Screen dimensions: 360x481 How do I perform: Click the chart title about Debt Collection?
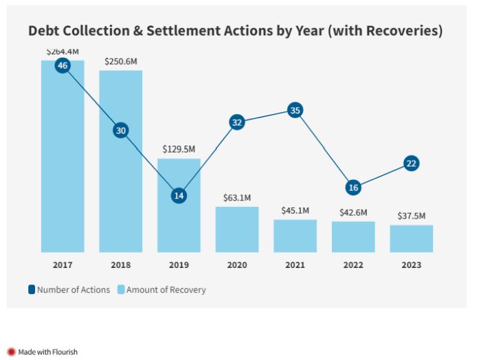tap(235, 32)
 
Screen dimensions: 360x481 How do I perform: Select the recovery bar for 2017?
tap(63, 165)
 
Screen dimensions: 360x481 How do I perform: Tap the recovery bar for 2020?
tap(237, 229)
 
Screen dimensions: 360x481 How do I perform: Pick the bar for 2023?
tap(411, 239)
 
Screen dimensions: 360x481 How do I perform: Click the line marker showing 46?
tap(63, 66)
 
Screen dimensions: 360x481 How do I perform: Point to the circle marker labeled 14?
tap(179, 196)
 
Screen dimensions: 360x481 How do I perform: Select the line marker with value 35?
tap(295, 110)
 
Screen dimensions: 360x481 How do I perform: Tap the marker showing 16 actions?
tap(353, 188)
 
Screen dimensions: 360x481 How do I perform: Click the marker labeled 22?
tap(411, 164)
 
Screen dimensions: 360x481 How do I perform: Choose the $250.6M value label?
tap(121, 61)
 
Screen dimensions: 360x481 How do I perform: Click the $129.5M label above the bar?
tap(179, 149)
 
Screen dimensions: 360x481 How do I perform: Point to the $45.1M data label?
tap(295, 210)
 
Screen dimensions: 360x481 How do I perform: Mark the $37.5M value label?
tap(411, 216)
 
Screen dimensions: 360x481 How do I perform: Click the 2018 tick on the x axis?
tap(121, 265)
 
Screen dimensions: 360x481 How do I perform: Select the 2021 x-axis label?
tap(295, 265)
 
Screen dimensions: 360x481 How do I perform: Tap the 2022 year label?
tap(353, 265)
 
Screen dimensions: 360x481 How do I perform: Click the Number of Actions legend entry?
tap(69, 290)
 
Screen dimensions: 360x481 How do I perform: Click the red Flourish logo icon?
tap(12, 352)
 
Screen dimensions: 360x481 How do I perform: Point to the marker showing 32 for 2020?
tap(237, 122)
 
